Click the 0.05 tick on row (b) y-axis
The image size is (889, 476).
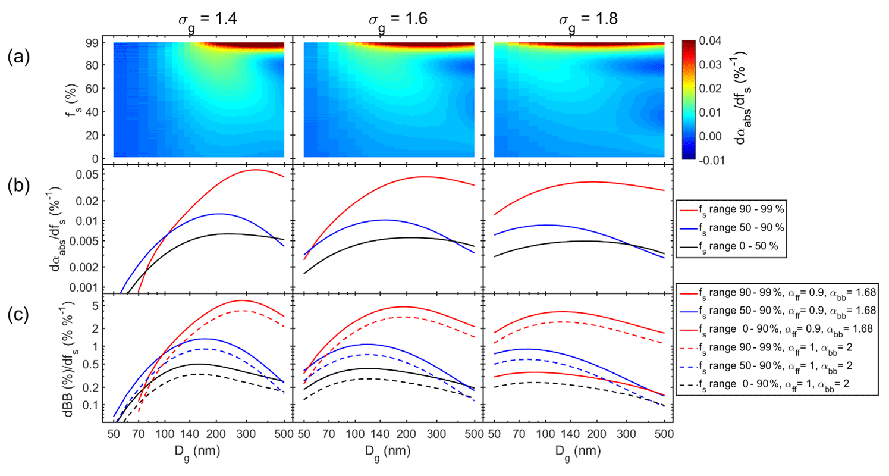89,174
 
